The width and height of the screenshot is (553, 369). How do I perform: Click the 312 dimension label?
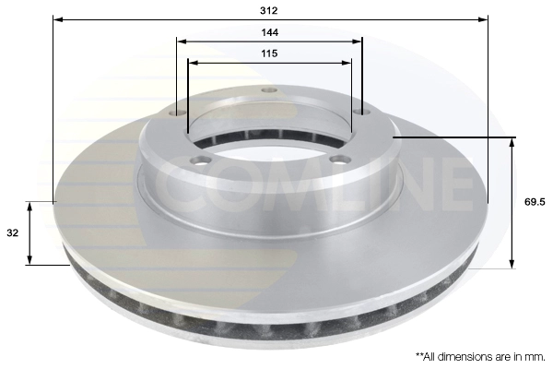point(269,10)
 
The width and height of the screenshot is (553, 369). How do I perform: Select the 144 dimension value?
point(269,32)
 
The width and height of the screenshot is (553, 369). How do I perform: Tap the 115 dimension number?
point(269,54)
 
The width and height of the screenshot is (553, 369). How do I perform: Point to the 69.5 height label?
point(535,202)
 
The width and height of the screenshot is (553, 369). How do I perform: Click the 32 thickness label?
point(12,233)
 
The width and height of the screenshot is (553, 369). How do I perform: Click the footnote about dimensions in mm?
point(480,357)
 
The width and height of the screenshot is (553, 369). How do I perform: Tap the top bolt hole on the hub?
point(269,89)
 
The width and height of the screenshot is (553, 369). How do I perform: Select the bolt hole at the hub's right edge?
point(362,112)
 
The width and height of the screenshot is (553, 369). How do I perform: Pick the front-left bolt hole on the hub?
point(200,161)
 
